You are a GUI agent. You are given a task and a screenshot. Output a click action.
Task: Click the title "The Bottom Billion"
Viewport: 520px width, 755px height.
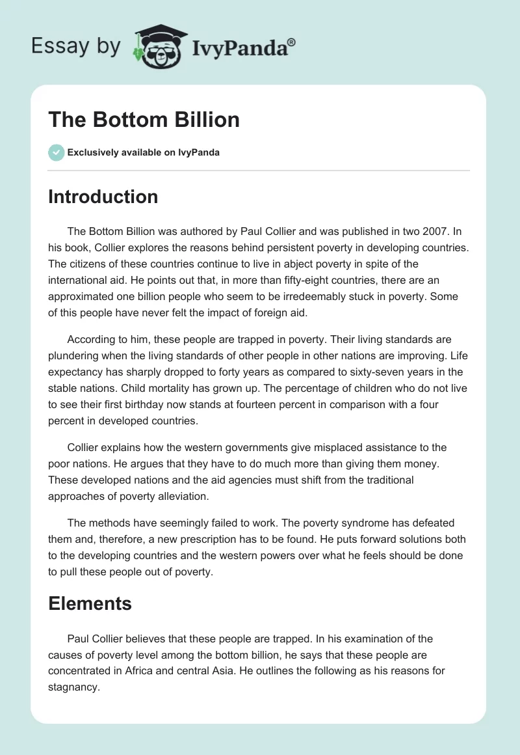tap(144, 120)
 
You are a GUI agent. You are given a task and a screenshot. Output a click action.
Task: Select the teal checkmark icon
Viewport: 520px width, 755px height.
tap(56, 152)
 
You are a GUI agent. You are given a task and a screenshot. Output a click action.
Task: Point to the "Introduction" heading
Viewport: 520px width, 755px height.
tap(103, 197)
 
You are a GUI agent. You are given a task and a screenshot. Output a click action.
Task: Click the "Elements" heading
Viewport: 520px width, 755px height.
tap(90, 603)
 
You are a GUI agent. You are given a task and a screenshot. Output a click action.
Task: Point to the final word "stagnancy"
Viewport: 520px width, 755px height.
tap(73, 686)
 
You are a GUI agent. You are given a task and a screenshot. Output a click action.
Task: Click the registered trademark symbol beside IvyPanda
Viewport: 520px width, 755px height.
tap(292, 42)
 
